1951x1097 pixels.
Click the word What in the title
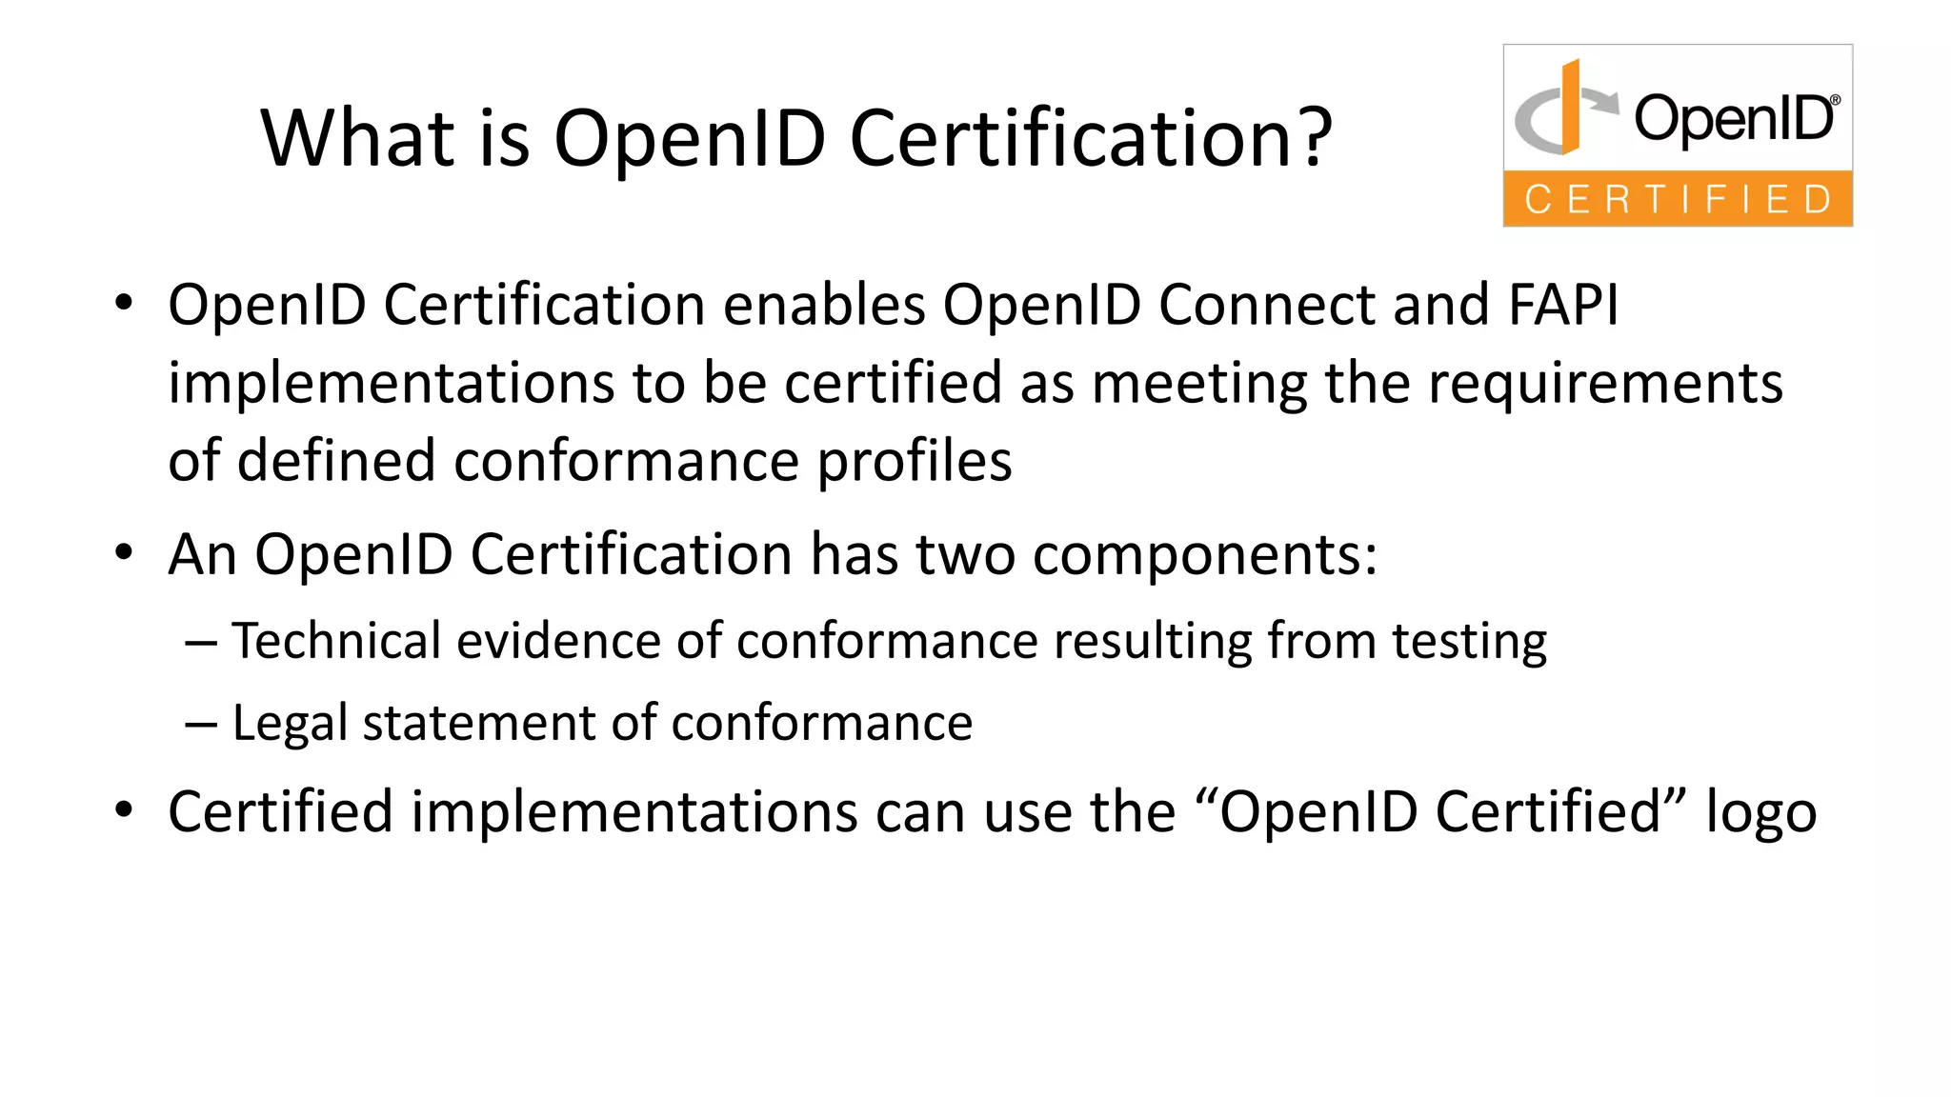point(356,138)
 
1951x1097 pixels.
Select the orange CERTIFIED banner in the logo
point(1678,199)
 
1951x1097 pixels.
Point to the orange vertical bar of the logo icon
point(1570,107)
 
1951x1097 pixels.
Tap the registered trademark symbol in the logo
point(1835,100)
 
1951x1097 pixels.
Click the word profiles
point(915,461)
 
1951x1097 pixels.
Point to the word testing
point(1469,642)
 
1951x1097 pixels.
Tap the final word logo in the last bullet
point(1760,813)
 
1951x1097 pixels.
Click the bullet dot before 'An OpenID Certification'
point(123,552)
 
